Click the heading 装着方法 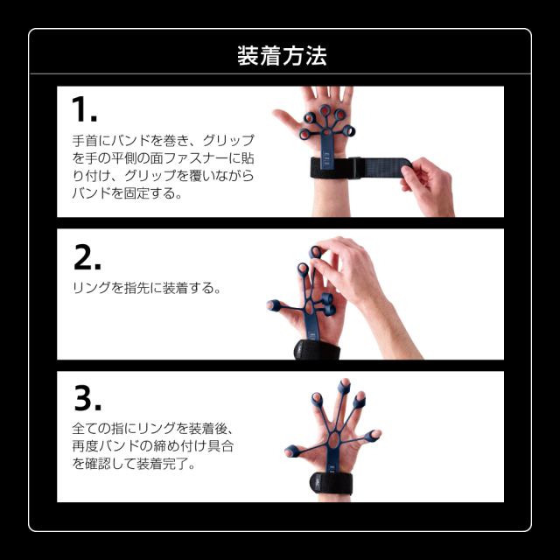[x=282, y=56]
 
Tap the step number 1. [x=84, y=109]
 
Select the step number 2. [x=87, y=256]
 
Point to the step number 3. [x=87, y=398]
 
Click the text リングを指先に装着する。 [x=147, y=288]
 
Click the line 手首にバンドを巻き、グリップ [x=164, y=140]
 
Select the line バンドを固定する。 [x=127, y=193]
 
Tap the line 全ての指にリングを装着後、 [x=153, y=428]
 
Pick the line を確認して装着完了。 [x=134, y=464]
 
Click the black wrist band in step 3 [x=331, y=483]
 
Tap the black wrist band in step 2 [x=317, y=350]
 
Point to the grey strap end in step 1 [x=386, y=167]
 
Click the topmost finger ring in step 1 [x=325, y=110]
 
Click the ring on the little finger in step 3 [x=371, y=436]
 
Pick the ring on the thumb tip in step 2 [x=273, y=305]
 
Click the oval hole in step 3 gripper [x=333, y=440]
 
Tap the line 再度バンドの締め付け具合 [x=153, y=446]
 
